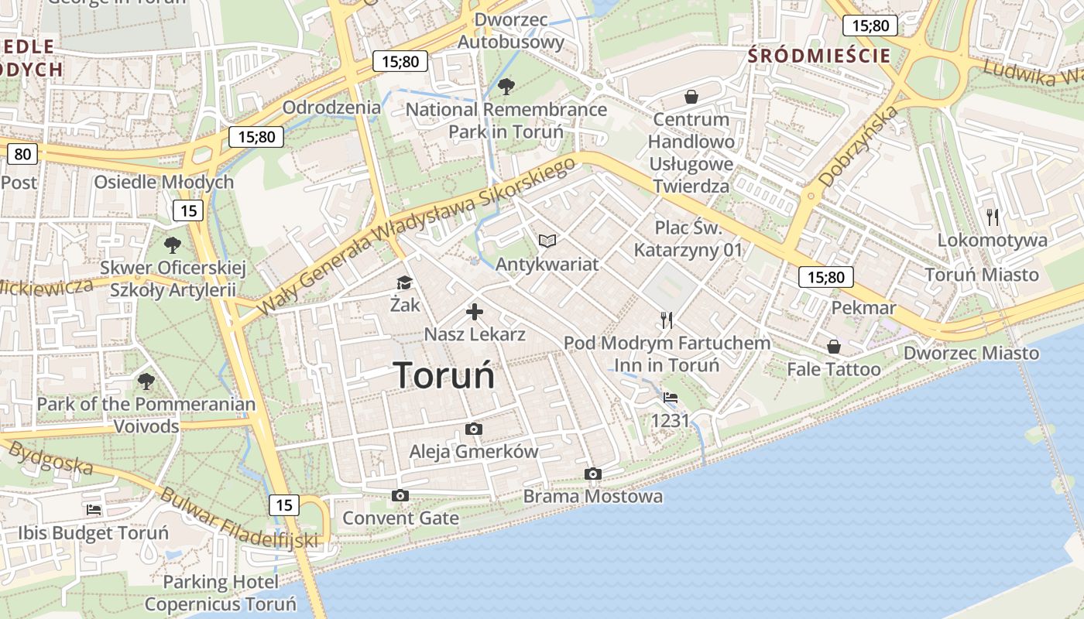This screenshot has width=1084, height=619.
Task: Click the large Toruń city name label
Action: click(444, 376)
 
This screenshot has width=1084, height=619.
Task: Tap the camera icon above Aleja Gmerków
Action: click(473, 429)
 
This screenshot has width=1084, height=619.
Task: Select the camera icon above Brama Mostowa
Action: click(593, 474)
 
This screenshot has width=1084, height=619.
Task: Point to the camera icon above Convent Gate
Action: click(400, 495)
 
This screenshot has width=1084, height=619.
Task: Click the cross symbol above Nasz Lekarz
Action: click(475, 312)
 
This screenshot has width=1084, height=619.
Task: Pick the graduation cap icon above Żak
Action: click(405, 282)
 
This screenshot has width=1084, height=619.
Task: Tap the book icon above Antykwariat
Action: click(547, 241)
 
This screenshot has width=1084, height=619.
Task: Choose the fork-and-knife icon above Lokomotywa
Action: click(993, 217)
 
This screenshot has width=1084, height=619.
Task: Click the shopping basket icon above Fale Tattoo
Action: click(834, 347)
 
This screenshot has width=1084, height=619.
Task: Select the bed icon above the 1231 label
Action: click(671, 398)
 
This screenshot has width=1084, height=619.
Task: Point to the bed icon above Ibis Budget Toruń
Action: click(94, 510)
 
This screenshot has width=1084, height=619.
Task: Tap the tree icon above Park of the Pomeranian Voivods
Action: click(146, 381)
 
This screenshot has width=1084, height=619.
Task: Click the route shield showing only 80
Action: click(22, 154)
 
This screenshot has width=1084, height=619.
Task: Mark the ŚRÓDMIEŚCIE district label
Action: click(819, 56)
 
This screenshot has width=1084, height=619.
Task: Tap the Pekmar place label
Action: click(863, 308)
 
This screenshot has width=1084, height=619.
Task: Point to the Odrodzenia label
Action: click(331, 108)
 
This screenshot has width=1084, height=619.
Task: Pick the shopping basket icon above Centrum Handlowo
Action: click(691, 97)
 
